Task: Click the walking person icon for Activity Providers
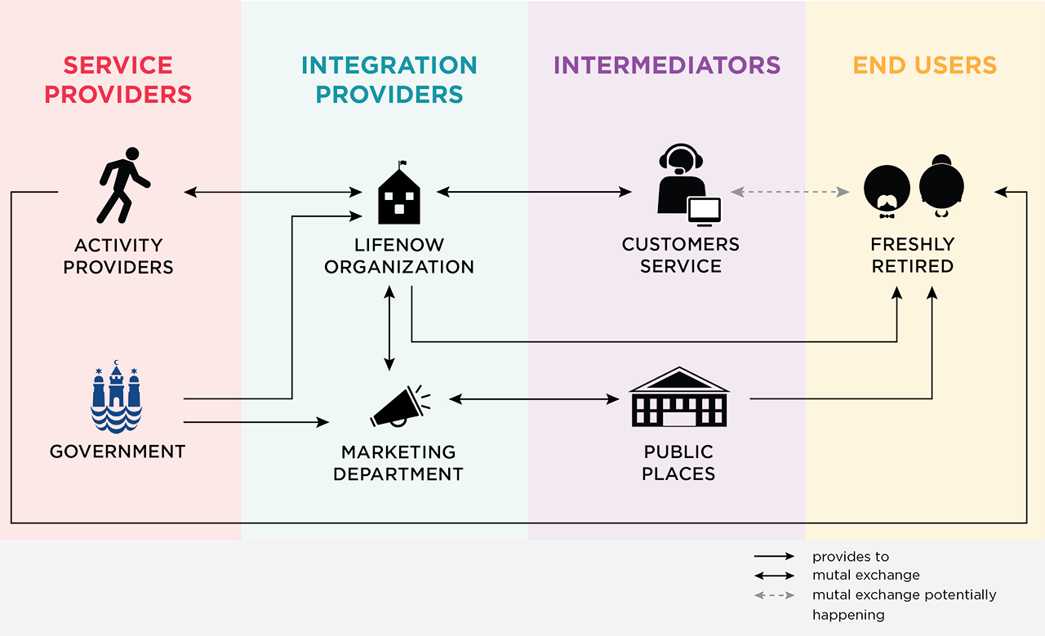click(123, 185)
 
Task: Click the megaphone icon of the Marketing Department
click(399, 407)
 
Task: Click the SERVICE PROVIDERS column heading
click(118, 79)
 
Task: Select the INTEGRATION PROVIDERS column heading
click(389, 79)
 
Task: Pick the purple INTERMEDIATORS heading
click(667, 65)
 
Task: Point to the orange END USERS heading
click(925, 65)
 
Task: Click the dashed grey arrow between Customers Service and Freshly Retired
click(789, 192)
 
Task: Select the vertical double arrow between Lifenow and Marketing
click(389, 327)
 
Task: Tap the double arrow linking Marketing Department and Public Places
click(534, 399)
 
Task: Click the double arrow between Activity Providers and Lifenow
click(273, 192)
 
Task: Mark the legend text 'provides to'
click(850, 557)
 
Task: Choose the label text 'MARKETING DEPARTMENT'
click(398, 463)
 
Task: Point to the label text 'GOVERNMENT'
click(118, 451)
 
